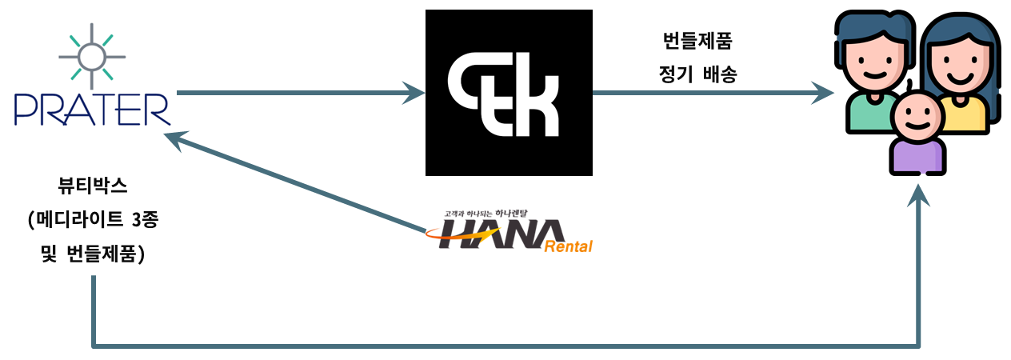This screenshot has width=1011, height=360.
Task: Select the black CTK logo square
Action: pos(509,93)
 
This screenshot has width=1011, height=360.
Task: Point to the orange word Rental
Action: pos(568,246)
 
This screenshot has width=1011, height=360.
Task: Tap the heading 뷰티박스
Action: pos(93,186)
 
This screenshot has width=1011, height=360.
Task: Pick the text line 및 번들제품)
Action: pos(93,255)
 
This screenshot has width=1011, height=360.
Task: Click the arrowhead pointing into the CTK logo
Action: pos(414,93)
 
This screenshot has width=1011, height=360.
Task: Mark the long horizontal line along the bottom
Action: pos(504,346)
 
